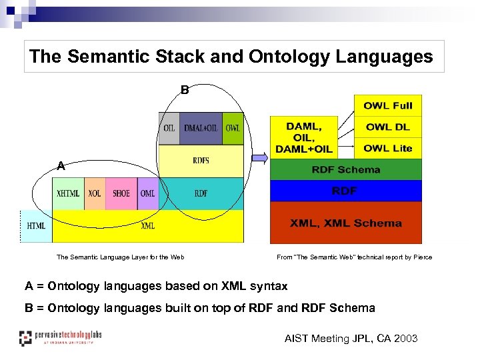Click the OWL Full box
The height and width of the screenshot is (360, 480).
tap(387, 105)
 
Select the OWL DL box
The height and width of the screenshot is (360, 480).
tap(387, 127)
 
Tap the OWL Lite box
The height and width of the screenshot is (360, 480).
tap(387, 148)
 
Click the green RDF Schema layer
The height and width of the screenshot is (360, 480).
tap(345, 169)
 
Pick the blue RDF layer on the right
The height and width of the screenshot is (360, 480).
tap(345, 191)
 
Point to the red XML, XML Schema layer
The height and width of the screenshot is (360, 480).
tap(345, 223)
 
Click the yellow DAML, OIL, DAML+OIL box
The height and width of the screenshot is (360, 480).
tap(303, 136)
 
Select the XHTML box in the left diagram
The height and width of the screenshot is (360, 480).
tap(69, 193)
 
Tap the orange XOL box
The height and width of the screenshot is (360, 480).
tap(95, 193)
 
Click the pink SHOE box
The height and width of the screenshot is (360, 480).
tap(121, 193)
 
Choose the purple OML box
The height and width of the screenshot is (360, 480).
tap(147, 193)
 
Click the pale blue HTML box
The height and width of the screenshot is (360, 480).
tap(37, 226)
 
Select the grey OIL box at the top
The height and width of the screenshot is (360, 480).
tap(169, 128)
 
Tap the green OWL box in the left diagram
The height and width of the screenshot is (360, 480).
tap(233, 128)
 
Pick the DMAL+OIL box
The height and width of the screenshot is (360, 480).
tap(201, 128)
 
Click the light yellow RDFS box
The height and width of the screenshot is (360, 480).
tap(201, 161)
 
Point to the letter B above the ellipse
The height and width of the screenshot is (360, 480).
tap(185, 89)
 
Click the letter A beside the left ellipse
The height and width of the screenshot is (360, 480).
tap(61, 166)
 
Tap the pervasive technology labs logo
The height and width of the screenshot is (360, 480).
tap(60, 337)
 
